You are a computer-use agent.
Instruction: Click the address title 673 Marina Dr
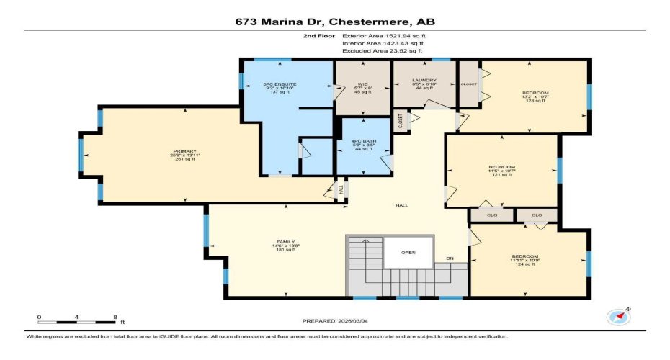tap(335, 21)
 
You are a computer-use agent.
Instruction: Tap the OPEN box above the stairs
tap(408, 253)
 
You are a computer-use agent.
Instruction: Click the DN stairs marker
tap(450, 258)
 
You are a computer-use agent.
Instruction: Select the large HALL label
tap(401, 205)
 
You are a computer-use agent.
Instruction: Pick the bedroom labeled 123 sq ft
tap(535, 96)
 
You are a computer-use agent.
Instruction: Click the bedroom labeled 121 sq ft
tap(501, 170)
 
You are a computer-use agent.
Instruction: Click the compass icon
tap(617, 316)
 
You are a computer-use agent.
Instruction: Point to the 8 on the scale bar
tap(115, 316)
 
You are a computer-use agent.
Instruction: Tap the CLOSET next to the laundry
tap(468, 84)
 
